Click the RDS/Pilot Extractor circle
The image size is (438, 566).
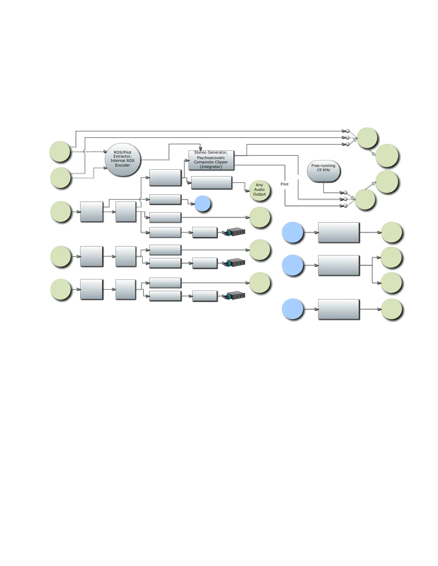[x=123, y=160]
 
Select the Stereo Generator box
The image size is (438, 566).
[x=211, y=160]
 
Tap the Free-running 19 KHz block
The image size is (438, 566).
[x=323, y=171]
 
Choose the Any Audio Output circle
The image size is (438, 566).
[x=259, y=190]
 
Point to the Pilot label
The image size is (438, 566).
[x=284, y=184]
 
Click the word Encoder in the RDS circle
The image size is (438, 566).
[x=123, y=165]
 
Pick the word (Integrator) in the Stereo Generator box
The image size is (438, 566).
[x=211, y=167]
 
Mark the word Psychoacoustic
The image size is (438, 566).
[x=211, y=158]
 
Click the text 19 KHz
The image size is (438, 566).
[x=323, y=170]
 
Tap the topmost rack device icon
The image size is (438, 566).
[x=235, y=232]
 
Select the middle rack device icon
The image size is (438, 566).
[x=235, y=263]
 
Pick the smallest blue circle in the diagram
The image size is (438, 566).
[x=203, y=204]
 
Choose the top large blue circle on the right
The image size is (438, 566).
[x=293, y=232]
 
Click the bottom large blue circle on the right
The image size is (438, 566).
[x=293, y=309]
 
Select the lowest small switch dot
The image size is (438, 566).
[x=346, y=206]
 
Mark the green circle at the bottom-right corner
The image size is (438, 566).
[x=391, y=309]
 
